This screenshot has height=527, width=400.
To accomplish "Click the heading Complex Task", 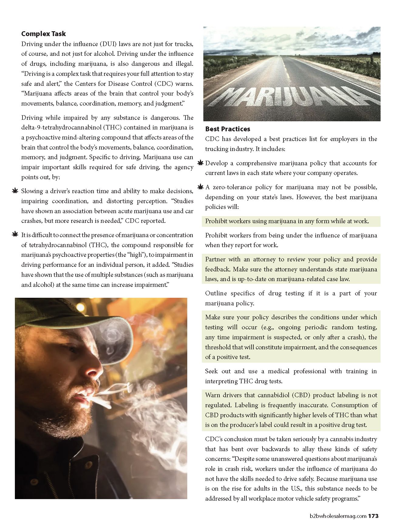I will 43,34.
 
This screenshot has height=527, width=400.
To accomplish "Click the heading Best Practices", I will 228,129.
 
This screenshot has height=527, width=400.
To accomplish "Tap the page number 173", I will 373,516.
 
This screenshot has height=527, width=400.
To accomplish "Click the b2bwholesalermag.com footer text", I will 338,516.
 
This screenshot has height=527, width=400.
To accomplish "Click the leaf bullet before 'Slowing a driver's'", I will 15,191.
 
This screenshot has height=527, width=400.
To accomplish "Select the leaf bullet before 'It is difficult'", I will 15,235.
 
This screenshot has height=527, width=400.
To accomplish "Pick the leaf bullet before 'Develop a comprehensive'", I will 200,163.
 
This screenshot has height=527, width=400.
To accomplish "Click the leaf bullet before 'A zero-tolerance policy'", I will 200,187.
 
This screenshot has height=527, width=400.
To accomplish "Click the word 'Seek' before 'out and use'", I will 212,371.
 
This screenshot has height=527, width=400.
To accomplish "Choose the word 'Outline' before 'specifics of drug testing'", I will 216,293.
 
